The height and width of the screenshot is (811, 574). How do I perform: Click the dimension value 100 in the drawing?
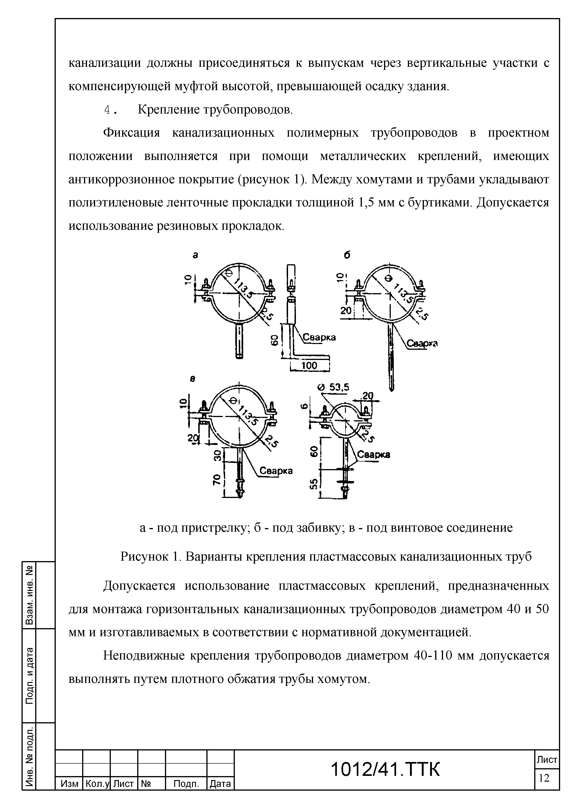pyautogui.click(x=310, y=366)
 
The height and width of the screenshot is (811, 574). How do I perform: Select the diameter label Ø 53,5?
pyautogui.click(x=333, y=387)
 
